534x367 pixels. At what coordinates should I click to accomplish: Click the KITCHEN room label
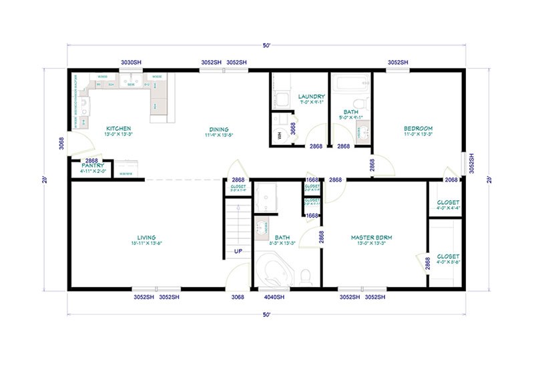(118, 128)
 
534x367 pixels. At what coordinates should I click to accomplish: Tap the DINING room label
(218, 129)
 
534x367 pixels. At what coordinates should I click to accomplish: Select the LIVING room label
(146, 237)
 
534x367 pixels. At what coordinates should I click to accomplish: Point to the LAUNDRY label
(311, 96)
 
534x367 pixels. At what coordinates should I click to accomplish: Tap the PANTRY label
(93, 165)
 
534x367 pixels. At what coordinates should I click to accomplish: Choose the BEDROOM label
(419, 128)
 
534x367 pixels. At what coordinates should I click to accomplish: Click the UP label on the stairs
(238, 252)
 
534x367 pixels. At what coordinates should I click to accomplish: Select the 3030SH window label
(131, 62)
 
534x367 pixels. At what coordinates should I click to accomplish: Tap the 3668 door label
(293, 129)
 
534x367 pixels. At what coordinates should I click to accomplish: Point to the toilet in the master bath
(306, 275)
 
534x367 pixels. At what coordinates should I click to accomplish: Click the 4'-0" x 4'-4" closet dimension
(448, 208)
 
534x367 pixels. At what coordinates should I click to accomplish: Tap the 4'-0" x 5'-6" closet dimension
(448, 262)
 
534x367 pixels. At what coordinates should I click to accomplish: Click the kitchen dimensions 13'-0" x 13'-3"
(118, 134)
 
